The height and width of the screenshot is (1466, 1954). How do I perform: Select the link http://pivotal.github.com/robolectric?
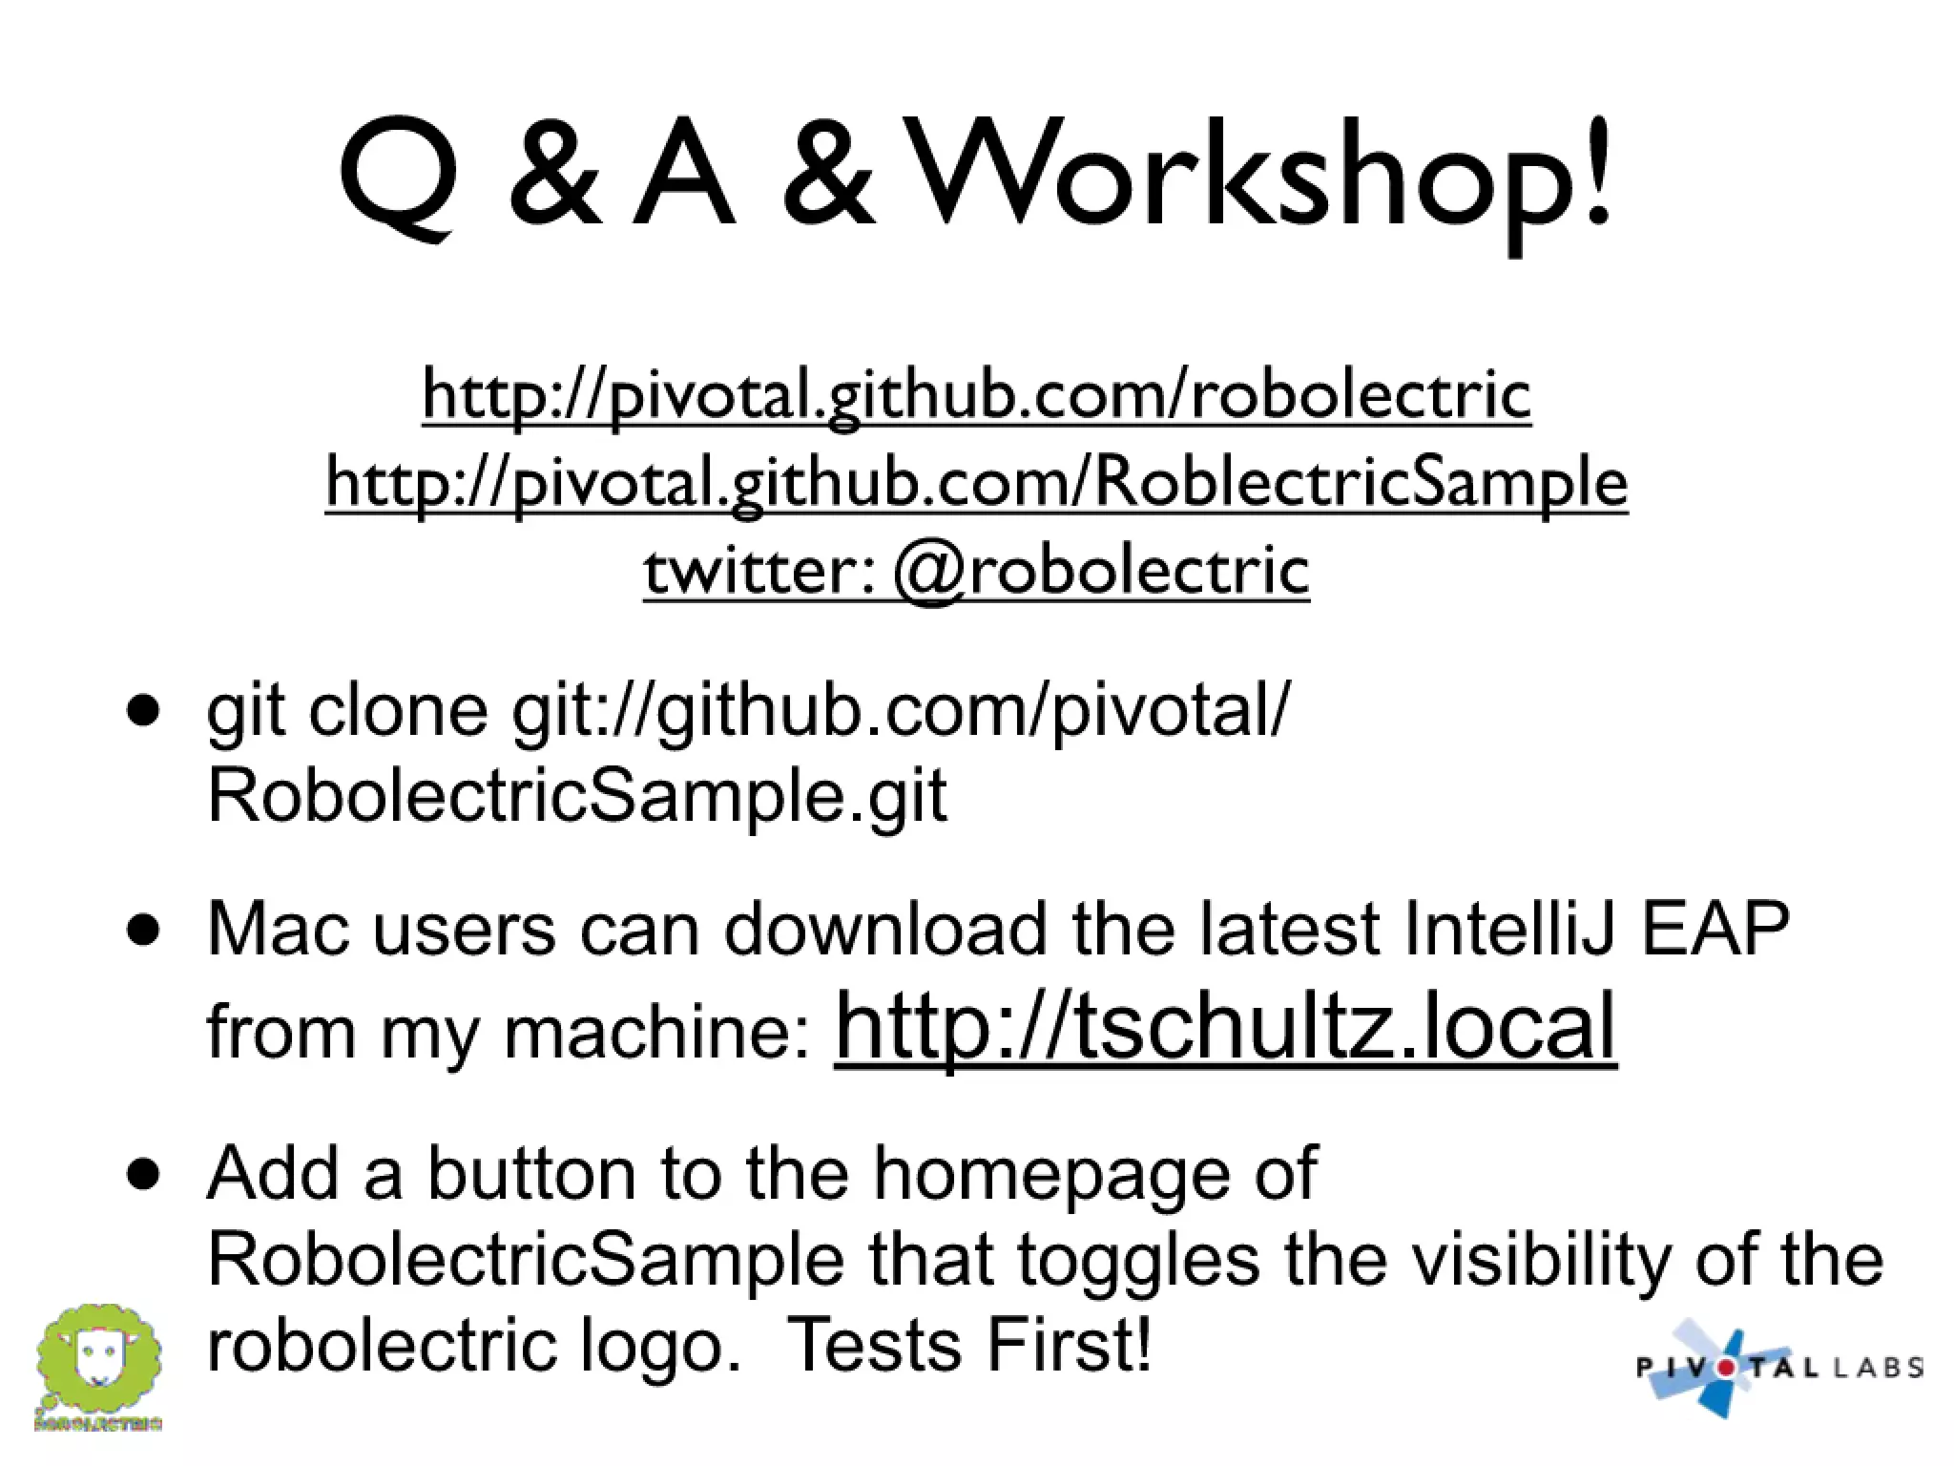coord(976,393)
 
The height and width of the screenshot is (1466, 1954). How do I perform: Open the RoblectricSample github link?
coord(976,482)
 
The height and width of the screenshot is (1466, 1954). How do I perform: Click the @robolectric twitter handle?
coord(1102,571)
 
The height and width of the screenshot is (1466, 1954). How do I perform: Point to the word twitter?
coord(759,571)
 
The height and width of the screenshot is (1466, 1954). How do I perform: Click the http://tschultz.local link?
coord(1225,1026)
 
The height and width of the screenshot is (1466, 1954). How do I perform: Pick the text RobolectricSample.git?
coord(576,795)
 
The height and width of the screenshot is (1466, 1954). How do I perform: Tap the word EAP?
coord(1715,929)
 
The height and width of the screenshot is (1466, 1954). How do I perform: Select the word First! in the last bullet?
coord(1069,1344)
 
